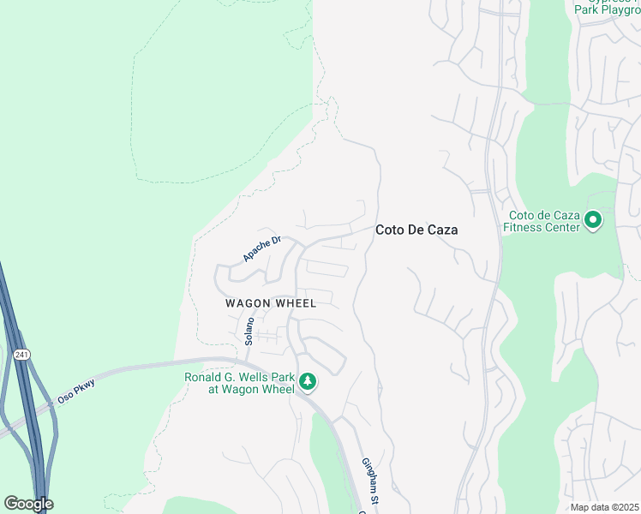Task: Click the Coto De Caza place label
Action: (416, 230)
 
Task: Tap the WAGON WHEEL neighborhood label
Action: (271, 303)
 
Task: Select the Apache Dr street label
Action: (261, 249)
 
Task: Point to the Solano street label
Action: (249, 332)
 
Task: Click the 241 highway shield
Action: (22, 354)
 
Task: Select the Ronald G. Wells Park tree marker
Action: (307, 382)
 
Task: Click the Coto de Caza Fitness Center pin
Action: (592, 221)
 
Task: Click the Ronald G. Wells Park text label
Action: (239, 382)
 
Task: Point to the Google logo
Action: (28, 504)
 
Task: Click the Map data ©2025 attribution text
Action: (605, 507)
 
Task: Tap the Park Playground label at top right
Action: (606, 9)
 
